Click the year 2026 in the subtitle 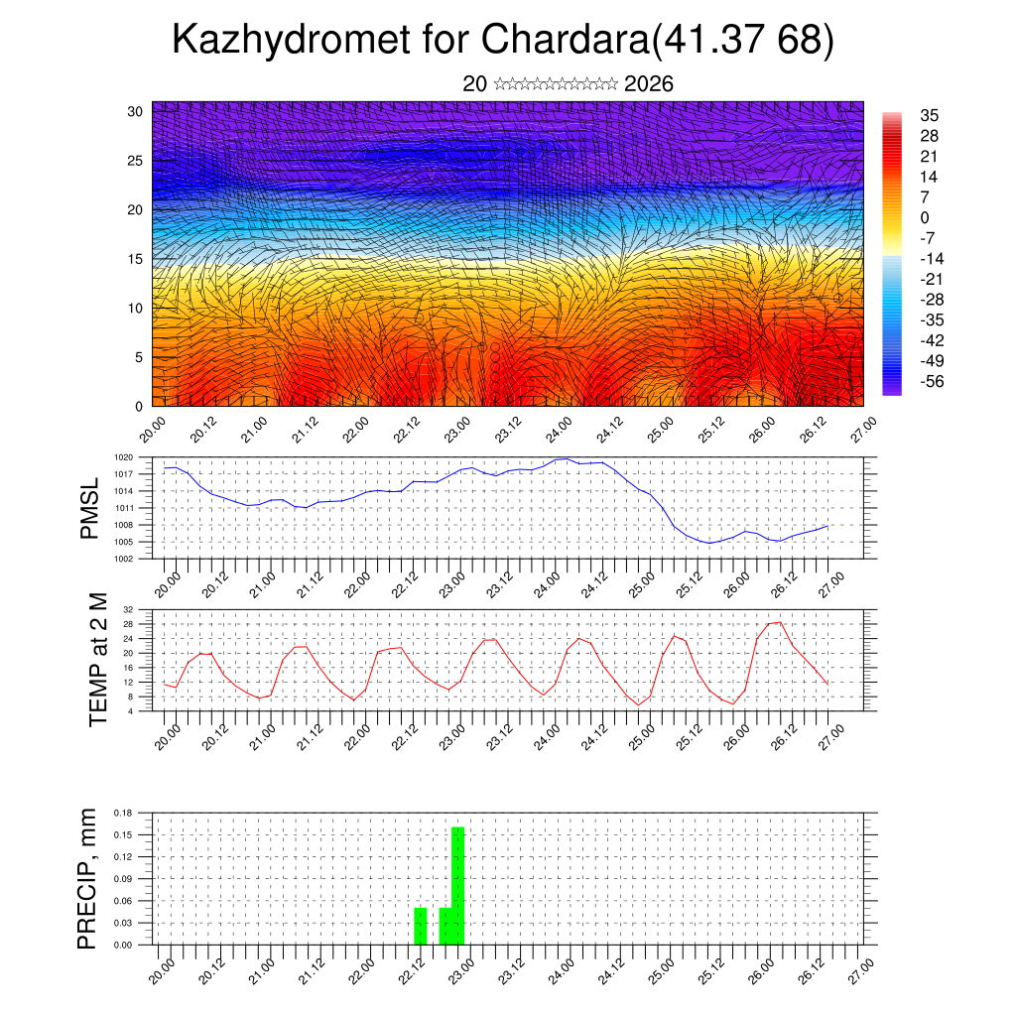(649, 84)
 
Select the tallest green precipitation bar (457, 885)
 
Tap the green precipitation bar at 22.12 (421, 926)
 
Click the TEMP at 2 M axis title (98, 660)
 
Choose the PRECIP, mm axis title (88, 878)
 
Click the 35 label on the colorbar (930, 115)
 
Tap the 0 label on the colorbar (925, 217)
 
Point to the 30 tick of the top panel (135, 111)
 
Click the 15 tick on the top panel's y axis (135, 259)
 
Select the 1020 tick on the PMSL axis (124, 457)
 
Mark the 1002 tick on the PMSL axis (124, 559)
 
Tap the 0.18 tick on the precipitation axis (123, 813)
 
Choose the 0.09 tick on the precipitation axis (123, 879)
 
